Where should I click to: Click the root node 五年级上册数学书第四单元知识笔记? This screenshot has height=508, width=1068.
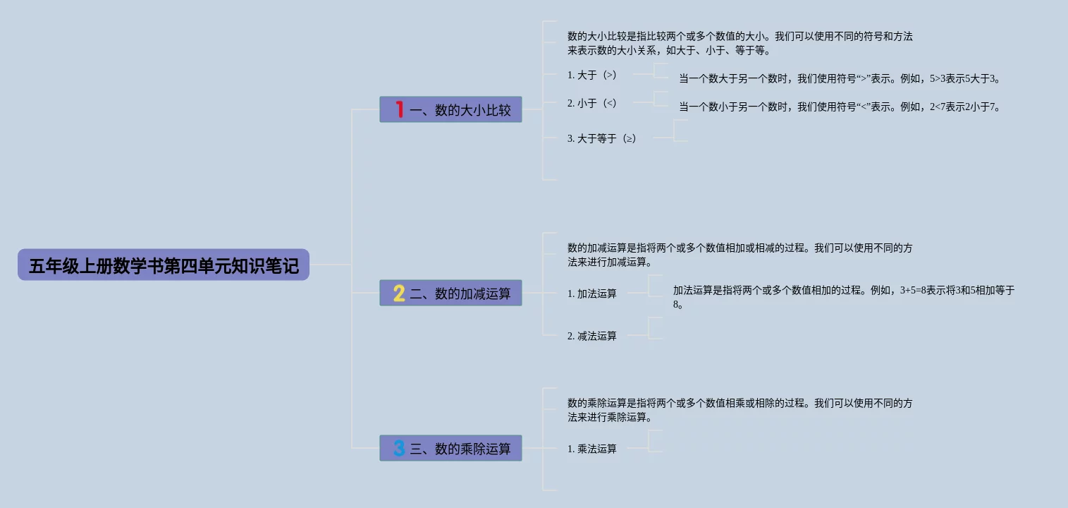(164, 265)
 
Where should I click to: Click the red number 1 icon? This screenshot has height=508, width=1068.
(399, 110)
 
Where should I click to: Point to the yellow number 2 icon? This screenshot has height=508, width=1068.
(399, 294)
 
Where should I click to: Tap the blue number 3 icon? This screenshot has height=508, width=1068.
(399, 449)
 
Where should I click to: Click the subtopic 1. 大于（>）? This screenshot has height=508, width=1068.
(592, 75)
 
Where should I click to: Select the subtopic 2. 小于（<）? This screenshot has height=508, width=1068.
(592, 103)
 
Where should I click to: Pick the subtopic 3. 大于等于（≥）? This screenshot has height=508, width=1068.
(602, 138)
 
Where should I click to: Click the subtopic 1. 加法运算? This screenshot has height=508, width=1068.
(592, 294)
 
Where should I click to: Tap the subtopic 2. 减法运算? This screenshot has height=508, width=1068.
(592, 336)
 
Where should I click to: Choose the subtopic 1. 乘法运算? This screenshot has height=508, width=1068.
(592, 449)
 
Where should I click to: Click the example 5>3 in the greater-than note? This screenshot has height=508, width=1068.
(938, 79)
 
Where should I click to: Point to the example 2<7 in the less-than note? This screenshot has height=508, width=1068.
(938, 107)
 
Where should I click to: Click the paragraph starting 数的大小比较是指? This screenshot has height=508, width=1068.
(739, 43)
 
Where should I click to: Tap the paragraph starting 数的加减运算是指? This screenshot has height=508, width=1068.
(739, 255)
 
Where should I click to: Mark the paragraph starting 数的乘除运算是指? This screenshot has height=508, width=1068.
(739, 410)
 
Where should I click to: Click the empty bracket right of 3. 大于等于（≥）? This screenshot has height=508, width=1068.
(680, 131)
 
